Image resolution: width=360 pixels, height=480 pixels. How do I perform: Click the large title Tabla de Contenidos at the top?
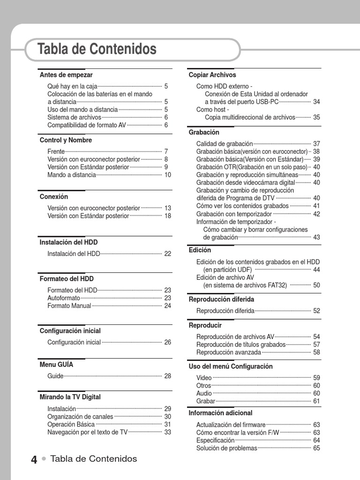(x=97, y=49)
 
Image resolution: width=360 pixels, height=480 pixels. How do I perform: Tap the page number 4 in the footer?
(x=34, y=460)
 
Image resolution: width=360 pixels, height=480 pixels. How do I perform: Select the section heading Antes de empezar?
(x=66, y=75)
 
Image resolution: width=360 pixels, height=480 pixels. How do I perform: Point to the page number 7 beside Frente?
(x=166, y=151)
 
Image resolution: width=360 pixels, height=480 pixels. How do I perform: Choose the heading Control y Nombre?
(x=66, y=140)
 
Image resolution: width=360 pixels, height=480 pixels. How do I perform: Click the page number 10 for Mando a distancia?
(x=167, y=175)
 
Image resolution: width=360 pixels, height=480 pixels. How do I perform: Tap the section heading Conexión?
(x=54, y=197)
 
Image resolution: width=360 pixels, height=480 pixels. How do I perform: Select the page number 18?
(x=167, y=216)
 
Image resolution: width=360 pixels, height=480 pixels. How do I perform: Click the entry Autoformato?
(x=64, y=298)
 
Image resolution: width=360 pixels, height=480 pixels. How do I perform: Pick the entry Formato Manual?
(x=69, y=306)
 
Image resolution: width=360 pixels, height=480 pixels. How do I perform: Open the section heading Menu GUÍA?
(x=56, y=364)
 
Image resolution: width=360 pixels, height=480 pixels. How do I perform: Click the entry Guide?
(x=55, y=376)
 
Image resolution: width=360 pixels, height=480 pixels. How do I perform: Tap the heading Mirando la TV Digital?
(x=70, y=397)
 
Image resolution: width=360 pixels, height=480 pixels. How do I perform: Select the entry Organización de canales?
(x=80, y=417)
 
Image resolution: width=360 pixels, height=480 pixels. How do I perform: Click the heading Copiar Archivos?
(x=212, y=75)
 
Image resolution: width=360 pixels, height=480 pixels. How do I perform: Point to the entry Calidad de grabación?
(x=225, y=144)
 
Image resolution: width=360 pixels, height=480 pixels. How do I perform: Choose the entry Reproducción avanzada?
(x=229, y=352)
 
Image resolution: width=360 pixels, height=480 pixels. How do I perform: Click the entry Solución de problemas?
(x=227, y=448)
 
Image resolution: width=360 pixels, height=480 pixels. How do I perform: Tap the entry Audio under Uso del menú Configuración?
(x=204, y=393)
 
